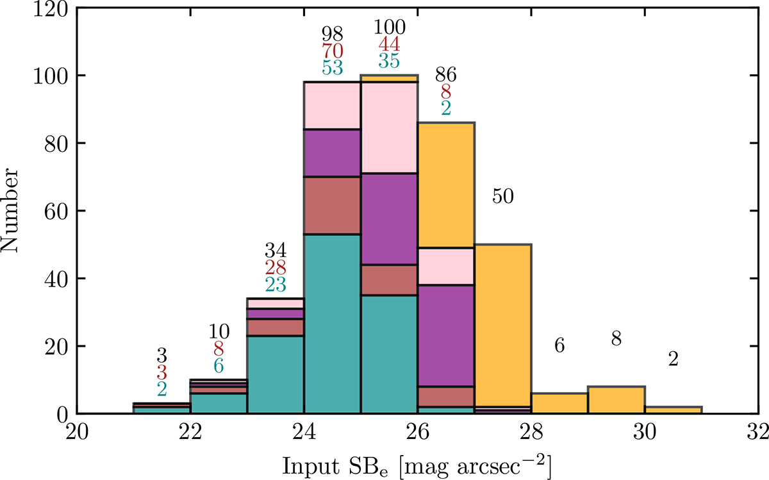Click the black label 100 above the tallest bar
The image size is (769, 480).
(x=389, y=27)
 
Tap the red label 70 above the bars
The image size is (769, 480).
(x=332, y=49)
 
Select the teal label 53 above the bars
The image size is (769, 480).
(x=332, y=66)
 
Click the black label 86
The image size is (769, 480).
(x=446, y=75)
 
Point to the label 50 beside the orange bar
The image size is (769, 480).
(x=503, y=197)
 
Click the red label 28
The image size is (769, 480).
(x=276, y=267)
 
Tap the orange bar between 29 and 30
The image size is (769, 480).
(x=616, y=400)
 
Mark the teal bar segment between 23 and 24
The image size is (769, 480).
(x=276, y=374)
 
